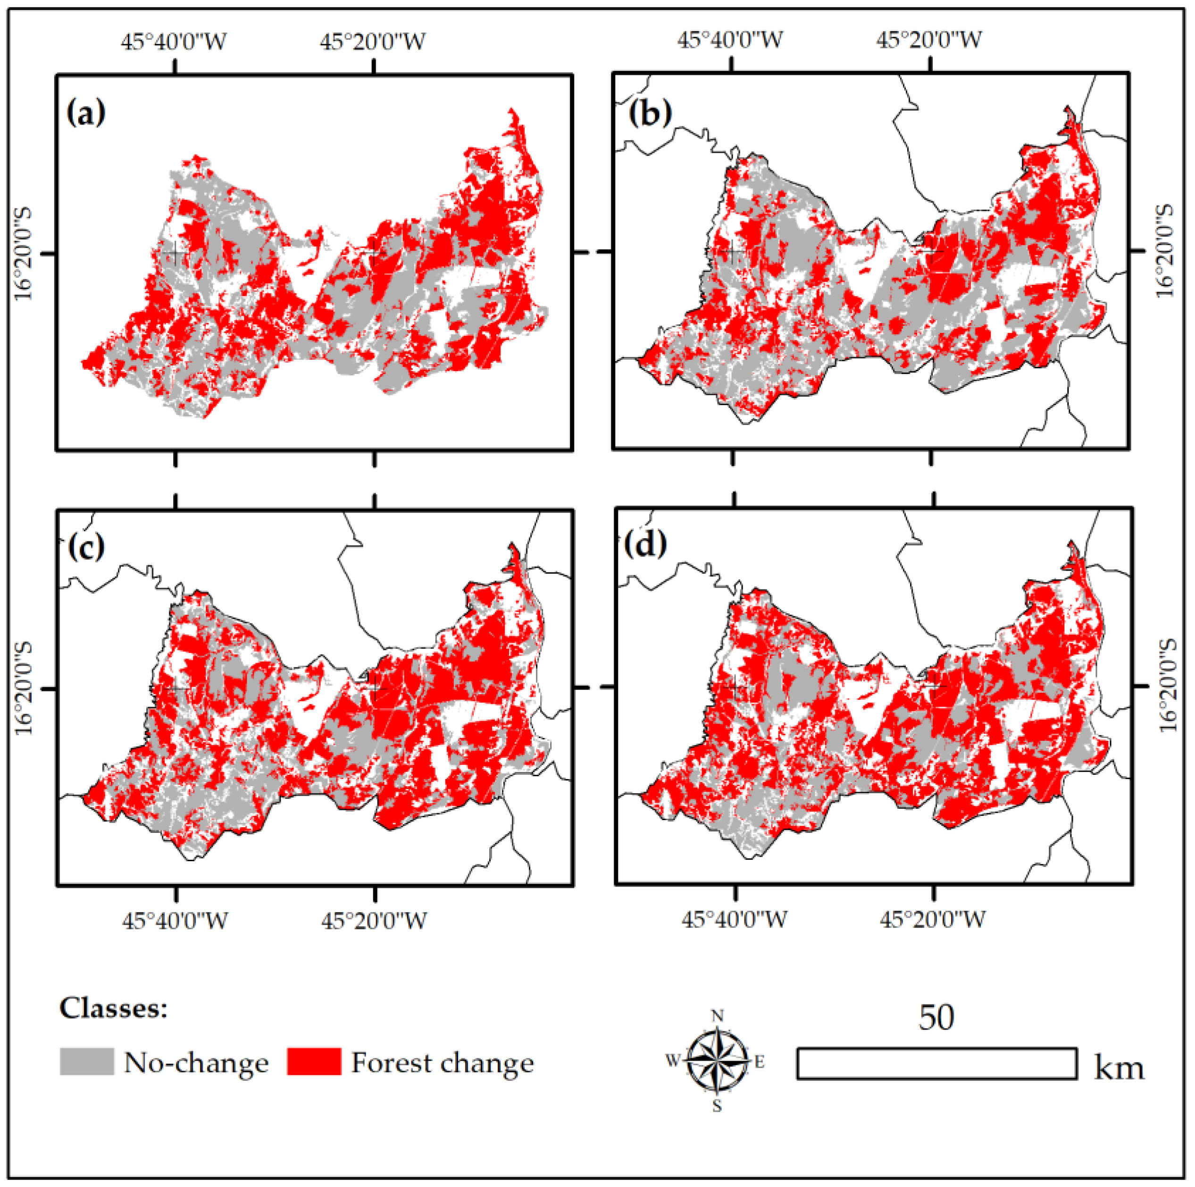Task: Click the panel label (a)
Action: (85, 113)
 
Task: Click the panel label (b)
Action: (650, 113)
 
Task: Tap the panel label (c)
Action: (85, 547)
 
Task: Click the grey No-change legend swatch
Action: (87, 1062)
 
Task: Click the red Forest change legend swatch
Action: (314, 1062)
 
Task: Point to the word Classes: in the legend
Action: (113, 1008)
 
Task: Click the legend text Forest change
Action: (442, 1063)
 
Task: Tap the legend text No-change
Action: (196, 1063)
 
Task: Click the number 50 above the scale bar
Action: (936, 1017)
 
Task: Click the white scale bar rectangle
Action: (936, 1063)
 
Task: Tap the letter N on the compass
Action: (718, 1016)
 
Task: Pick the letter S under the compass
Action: (717, 1107)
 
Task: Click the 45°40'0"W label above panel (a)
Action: (174, 42)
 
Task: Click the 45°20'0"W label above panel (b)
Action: (929, 40)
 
